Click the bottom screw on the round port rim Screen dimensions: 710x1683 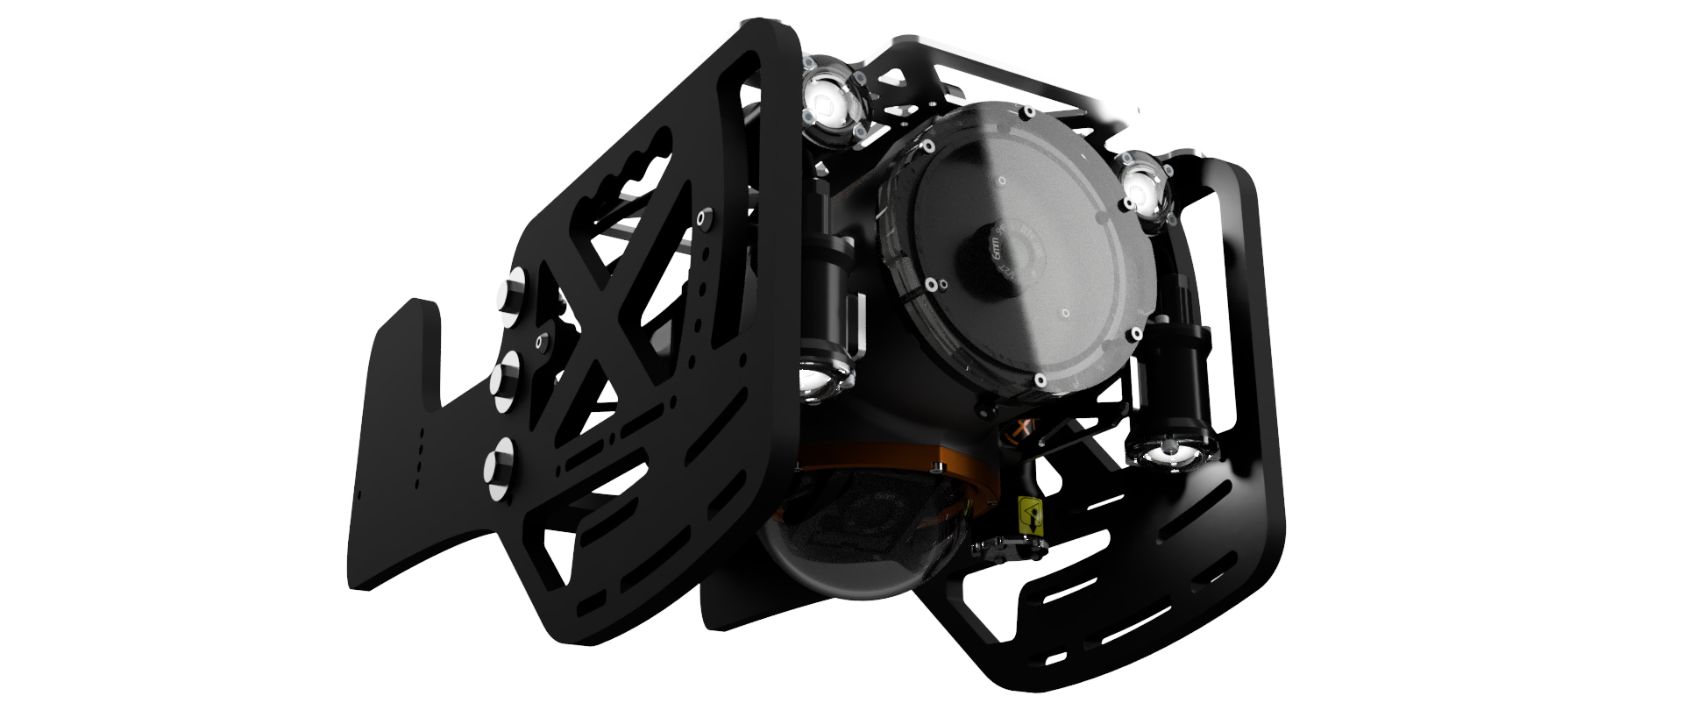coord(1039,380)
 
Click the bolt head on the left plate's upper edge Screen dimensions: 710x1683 coord(700,216)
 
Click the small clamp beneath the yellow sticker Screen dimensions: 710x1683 coord(1008,550)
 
